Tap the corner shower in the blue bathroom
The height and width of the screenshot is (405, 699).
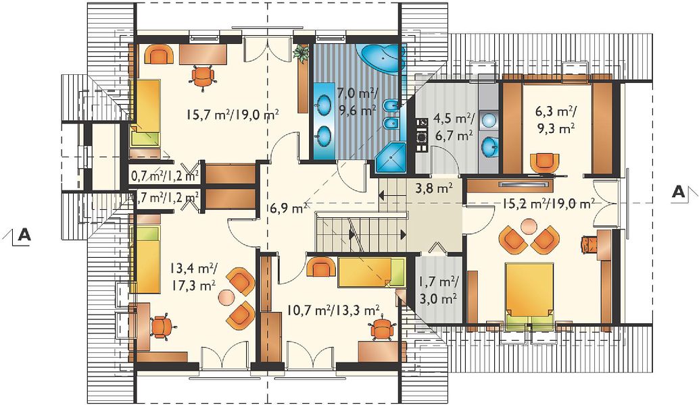[391, 158]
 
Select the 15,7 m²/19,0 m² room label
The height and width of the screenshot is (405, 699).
[233, 115]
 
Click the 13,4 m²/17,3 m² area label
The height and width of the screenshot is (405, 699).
[193, 276]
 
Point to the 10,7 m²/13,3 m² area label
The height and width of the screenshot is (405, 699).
[333, 310]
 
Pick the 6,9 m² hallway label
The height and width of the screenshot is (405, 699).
[287, 207]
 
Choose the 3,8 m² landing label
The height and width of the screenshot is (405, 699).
[434, 188]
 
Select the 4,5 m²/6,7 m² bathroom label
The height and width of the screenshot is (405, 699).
[454, 126]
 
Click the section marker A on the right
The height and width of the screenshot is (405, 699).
[679, 192]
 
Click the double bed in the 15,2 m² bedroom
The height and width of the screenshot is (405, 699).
[529, 294]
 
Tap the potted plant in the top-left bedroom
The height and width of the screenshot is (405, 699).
[302, 53]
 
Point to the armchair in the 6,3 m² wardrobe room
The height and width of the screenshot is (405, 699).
[544, 162]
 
